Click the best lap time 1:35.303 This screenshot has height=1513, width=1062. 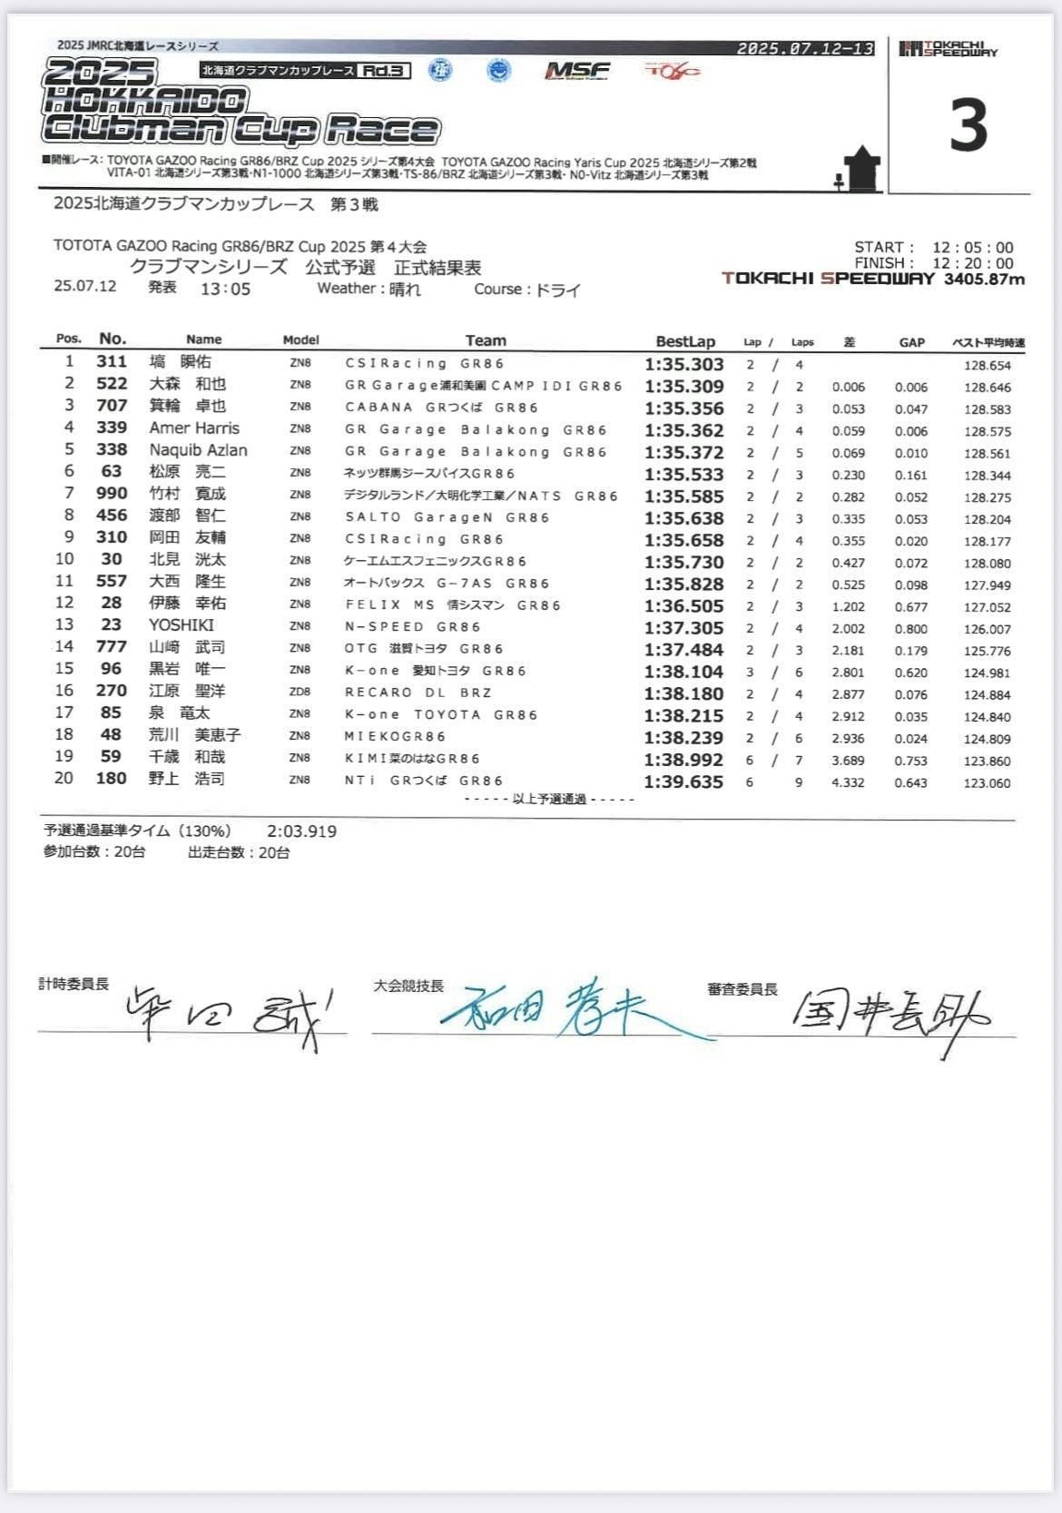pos(683,364)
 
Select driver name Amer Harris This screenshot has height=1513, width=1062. pos(194,428)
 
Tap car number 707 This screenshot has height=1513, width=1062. pos(112,406)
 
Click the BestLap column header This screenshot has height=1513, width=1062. pos(685,341)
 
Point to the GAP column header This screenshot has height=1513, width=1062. pos(911,342)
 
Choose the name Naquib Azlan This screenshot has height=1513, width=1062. pos(198,450)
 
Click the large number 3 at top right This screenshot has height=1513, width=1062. pos(969,126)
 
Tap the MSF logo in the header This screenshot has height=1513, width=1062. pos(577,71)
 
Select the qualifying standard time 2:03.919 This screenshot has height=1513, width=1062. pos(301,831)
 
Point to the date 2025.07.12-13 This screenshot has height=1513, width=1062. pos(805,49)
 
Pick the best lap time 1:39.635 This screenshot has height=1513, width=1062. pos(683,782)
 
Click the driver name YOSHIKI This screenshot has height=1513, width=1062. pos(182,625)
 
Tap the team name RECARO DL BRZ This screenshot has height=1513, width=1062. pos(418,693)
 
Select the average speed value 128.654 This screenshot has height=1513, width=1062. pos(987,366)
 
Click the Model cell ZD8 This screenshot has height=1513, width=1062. pos(300,692)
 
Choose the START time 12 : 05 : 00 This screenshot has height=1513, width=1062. pos(972,248)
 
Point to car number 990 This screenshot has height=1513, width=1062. pos(112,494)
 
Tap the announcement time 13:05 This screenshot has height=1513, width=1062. pos(225,290)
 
